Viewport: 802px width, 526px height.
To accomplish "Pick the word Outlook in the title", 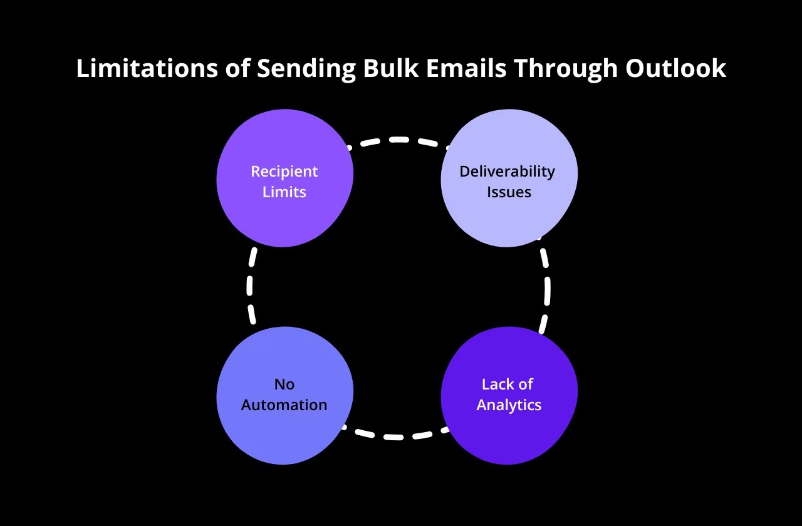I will coord(676,69).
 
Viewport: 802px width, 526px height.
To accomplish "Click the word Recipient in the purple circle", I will coord(284,172).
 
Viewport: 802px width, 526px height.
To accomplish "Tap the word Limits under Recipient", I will coord(284,192).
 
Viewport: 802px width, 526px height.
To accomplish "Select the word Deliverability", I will coord(508,172).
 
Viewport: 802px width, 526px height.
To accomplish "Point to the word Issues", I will coord(509,192).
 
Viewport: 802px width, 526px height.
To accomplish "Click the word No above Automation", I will coord(284,384).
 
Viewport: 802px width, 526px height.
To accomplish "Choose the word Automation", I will coord(284,405).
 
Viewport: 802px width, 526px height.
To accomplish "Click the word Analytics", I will coord(509,405).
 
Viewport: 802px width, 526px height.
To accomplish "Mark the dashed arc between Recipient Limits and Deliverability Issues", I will coord(397,140).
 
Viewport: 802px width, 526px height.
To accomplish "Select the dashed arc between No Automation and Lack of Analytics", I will coord(395,436).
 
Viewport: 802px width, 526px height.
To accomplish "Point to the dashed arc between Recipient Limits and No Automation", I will coord(250,285).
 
